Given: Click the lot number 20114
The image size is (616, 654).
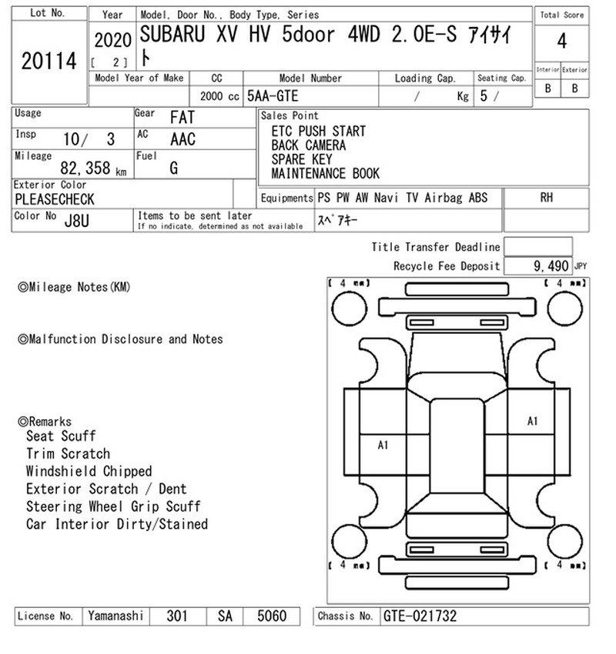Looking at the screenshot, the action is click(49, 61).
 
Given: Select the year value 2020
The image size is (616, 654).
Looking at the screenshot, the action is click(112, 41).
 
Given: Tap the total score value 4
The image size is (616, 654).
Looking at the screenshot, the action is click(562, 42).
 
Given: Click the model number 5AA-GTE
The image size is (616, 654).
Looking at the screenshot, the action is click(273, 96).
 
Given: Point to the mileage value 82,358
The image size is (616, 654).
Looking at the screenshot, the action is click(85, 168).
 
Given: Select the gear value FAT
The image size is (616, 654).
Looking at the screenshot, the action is click(182, 117).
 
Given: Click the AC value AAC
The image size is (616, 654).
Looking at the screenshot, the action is click(182, 139).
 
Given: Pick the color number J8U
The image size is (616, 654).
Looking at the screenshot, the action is click(77, 221).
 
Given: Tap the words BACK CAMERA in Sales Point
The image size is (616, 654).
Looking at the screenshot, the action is click(309, 145).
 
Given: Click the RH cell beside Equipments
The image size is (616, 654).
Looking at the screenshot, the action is click(546, 197).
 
